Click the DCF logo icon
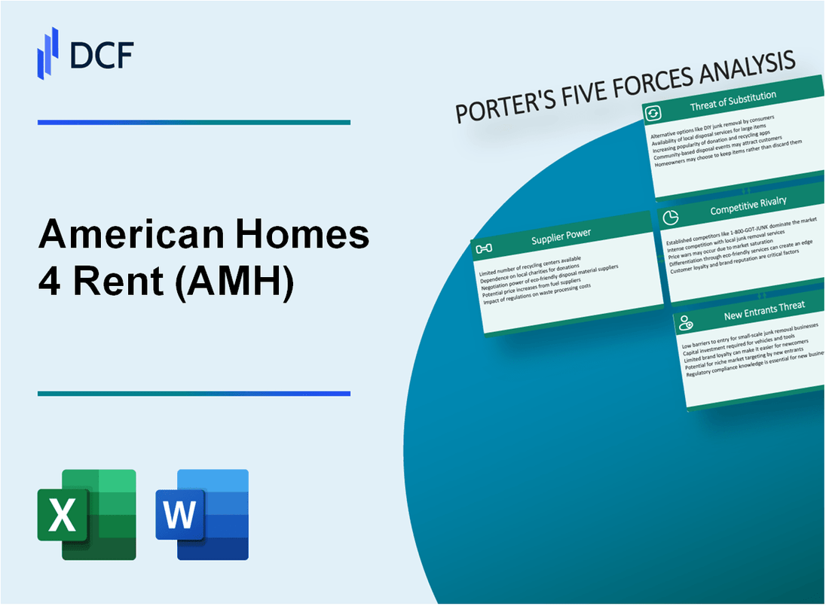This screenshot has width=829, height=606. [47, 52]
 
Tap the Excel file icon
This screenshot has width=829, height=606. [87, 514]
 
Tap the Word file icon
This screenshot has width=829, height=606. [202, 514]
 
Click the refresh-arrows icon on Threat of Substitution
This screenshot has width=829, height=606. [653, 113]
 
